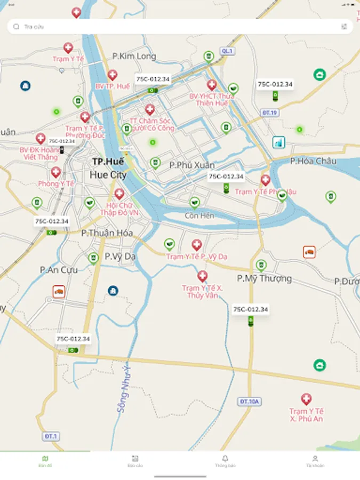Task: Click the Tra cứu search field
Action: coord(176,26)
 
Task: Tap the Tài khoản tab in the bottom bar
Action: coord(315,461)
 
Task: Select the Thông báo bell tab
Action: coord(225,461)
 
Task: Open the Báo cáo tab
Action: coord(135,461)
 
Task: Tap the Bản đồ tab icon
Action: coord(45,459)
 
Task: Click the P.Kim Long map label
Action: coord(134,56)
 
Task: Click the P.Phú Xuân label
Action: coord(192,165)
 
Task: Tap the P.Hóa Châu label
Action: coord(314,161)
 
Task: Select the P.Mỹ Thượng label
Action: coord(265,278)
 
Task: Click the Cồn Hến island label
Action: coord(199,215)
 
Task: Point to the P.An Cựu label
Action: coord(59,270)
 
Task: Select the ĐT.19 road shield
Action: coord(270,113)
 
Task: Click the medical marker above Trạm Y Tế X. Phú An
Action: coord(306,399)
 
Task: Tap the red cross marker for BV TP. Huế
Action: coord(113,76)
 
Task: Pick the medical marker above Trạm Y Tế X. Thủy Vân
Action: coord(202,276)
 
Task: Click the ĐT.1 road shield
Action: coord(51,436)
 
